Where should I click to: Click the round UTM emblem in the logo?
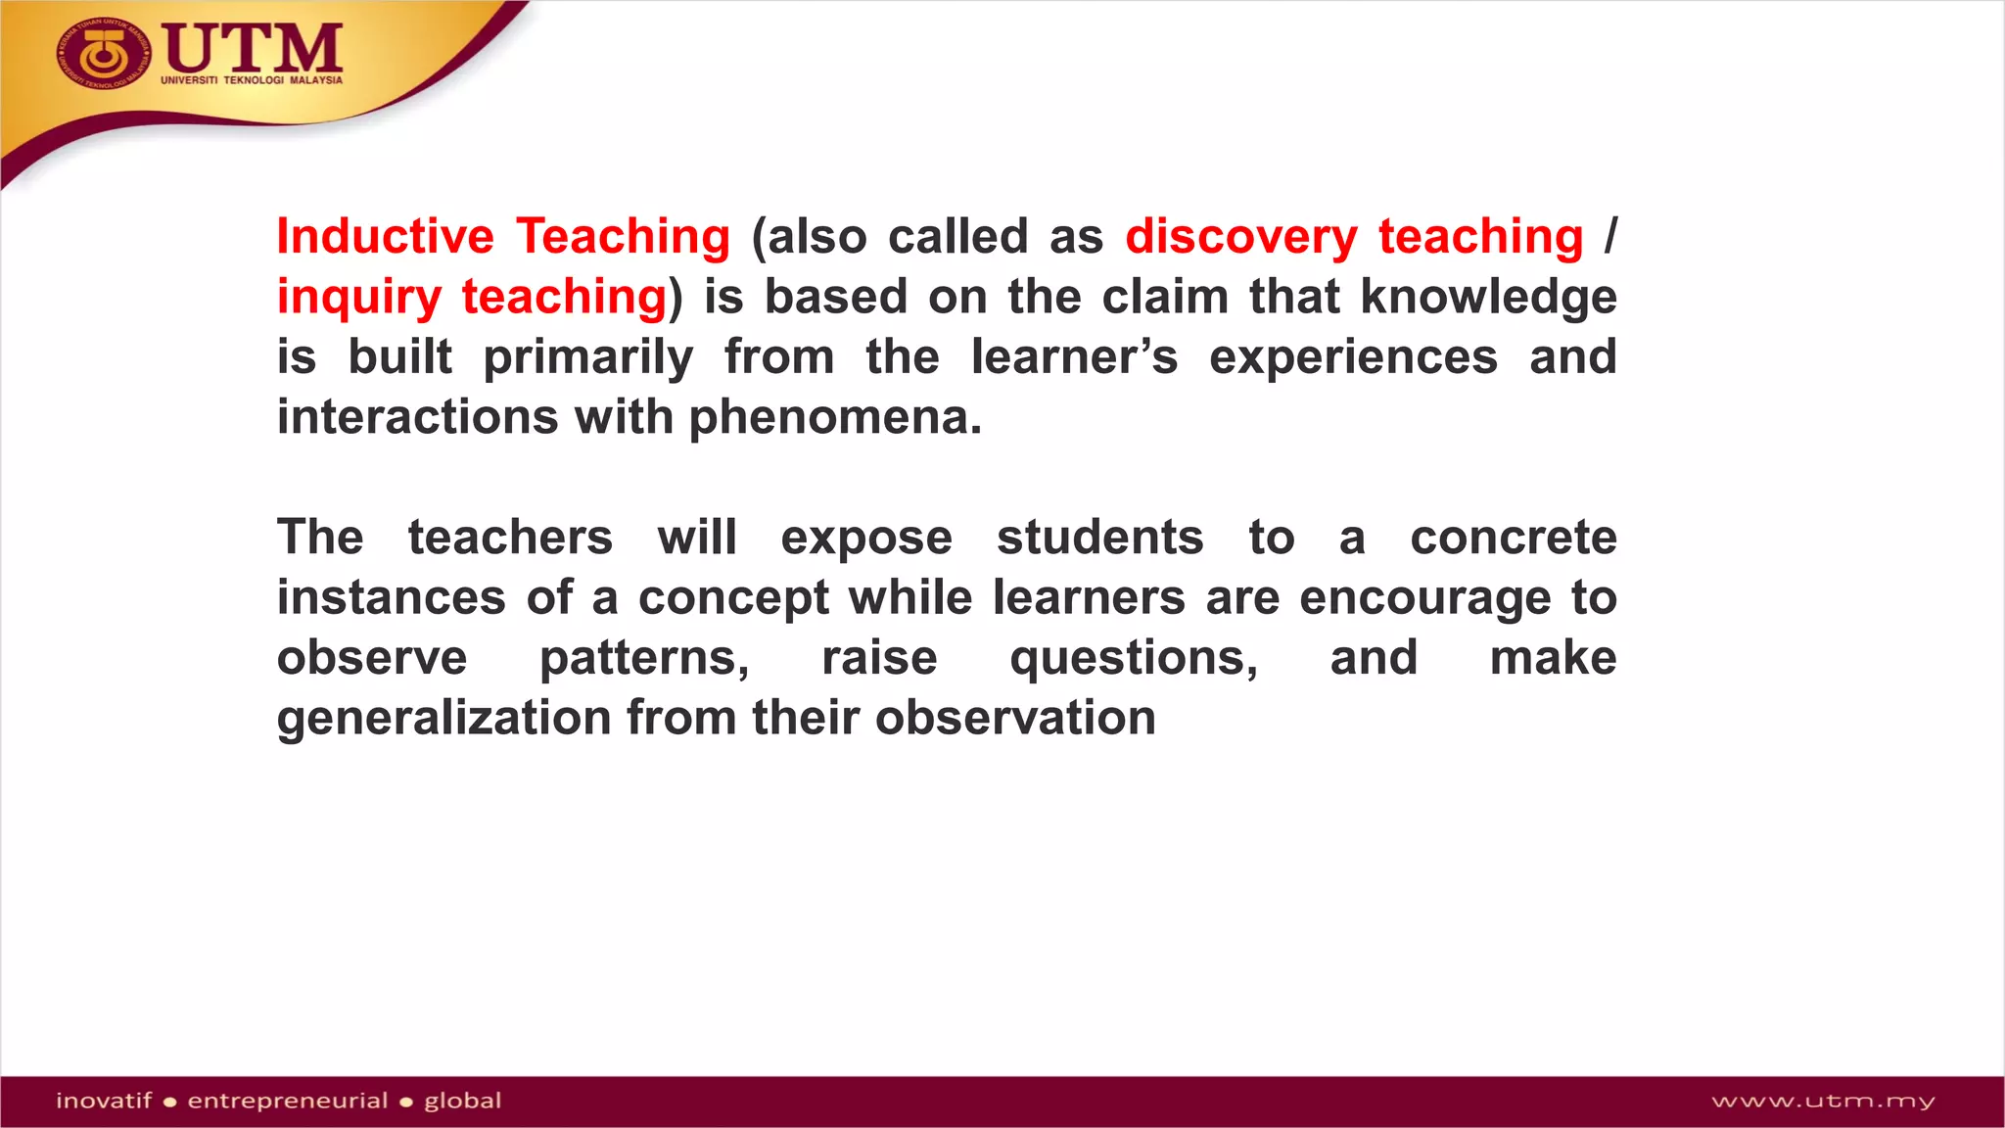pyautogui.click(x=103, y=54)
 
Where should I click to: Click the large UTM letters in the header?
pyautogui.click(x=253, y=46)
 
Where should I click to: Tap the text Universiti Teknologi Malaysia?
pyautogui.click(x=252, y=80)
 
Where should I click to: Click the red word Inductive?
pyautogui.click(x=385, y=237)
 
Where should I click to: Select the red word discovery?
pyautogui.click(x=1240, y=237)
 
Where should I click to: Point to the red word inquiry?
pyautogui.click(x=358, y=298)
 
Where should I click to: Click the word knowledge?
pyautogui.click(x=1488, y=298)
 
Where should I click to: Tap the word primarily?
pyautogui.click(x=587, y=357)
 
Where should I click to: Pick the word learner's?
pyautogui.click(x=1074, y=357)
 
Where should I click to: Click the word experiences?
pyautogui.click(x=1353, y=357)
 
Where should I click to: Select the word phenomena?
pyautogui.click(x=834, y=418)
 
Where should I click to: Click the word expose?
pyautogui.click(x=865, y=539)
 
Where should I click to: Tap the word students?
pyautogui.click(x=1099, y=538)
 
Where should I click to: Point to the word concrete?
pyautogui.click(x=1513, y=538)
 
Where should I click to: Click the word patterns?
pyautogui.click(x=644, y=658)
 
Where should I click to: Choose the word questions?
pyautogui.click(x=1134, y=658)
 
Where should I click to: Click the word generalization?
pyautogui.click(x=443, y=719)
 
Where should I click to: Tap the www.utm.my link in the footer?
pyautogui.click(x=1822, y=1102)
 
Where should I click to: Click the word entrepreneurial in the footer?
pyautogui.click(x=288, y=1101)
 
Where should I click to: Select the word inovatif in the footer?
pyautogui.click(x=104, y=1101)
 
